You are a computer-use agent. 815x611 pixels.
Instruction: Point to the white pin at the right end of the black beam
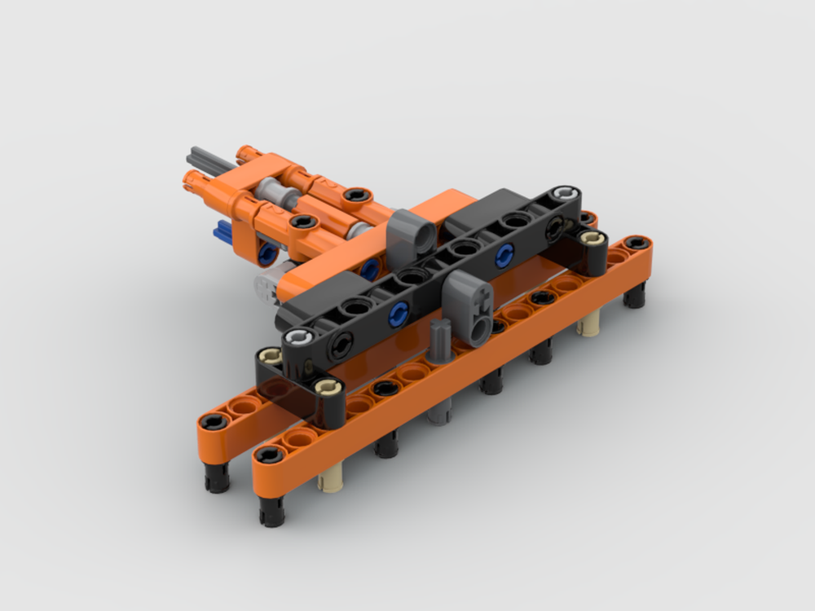tap(563, 194)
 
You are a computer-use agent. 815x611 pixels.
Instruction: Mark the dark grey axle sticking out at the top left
tap(204, 155)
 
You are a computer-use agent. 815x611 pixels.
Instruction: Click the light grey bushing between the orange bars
tap(275, 196)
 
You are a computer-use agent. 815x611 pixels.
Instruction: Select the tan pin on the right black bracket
tap(593, 238)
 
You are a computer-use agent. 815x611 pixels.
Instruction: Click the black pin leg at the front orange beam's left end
tap(271, 509)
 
